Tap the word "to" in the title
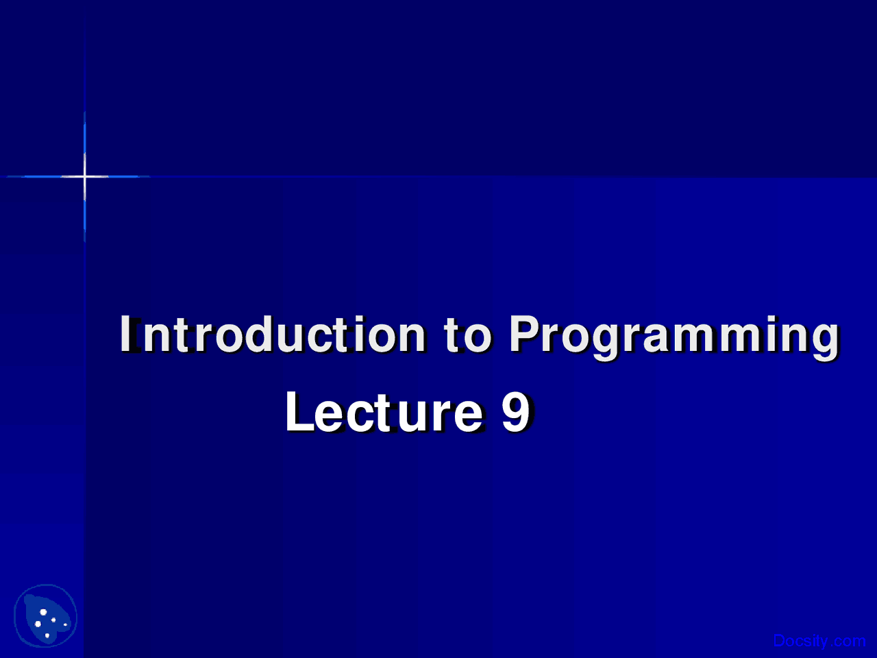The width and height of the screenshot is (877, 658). pos(467,334)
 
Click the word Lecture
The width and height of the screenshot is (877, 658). pos(384,412)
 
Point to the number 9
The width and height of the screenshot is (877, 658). pos(515,412)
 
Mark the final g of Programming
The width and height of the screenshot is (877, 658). pos(826,339)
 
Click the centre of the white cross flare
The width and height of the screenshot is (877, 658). pos(84,177)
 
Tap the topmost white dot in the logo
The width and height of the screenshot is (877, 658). pos(43,611)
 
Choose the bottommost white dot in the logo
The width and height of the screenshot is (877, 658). pos(47,635)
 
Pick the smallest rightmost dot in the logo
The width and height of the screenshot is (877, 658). pos(65,624)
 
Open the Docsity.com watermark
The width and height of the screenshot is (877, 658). pos(819,641)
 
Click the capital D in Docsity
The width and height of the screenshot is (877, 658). pos(779,641)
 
